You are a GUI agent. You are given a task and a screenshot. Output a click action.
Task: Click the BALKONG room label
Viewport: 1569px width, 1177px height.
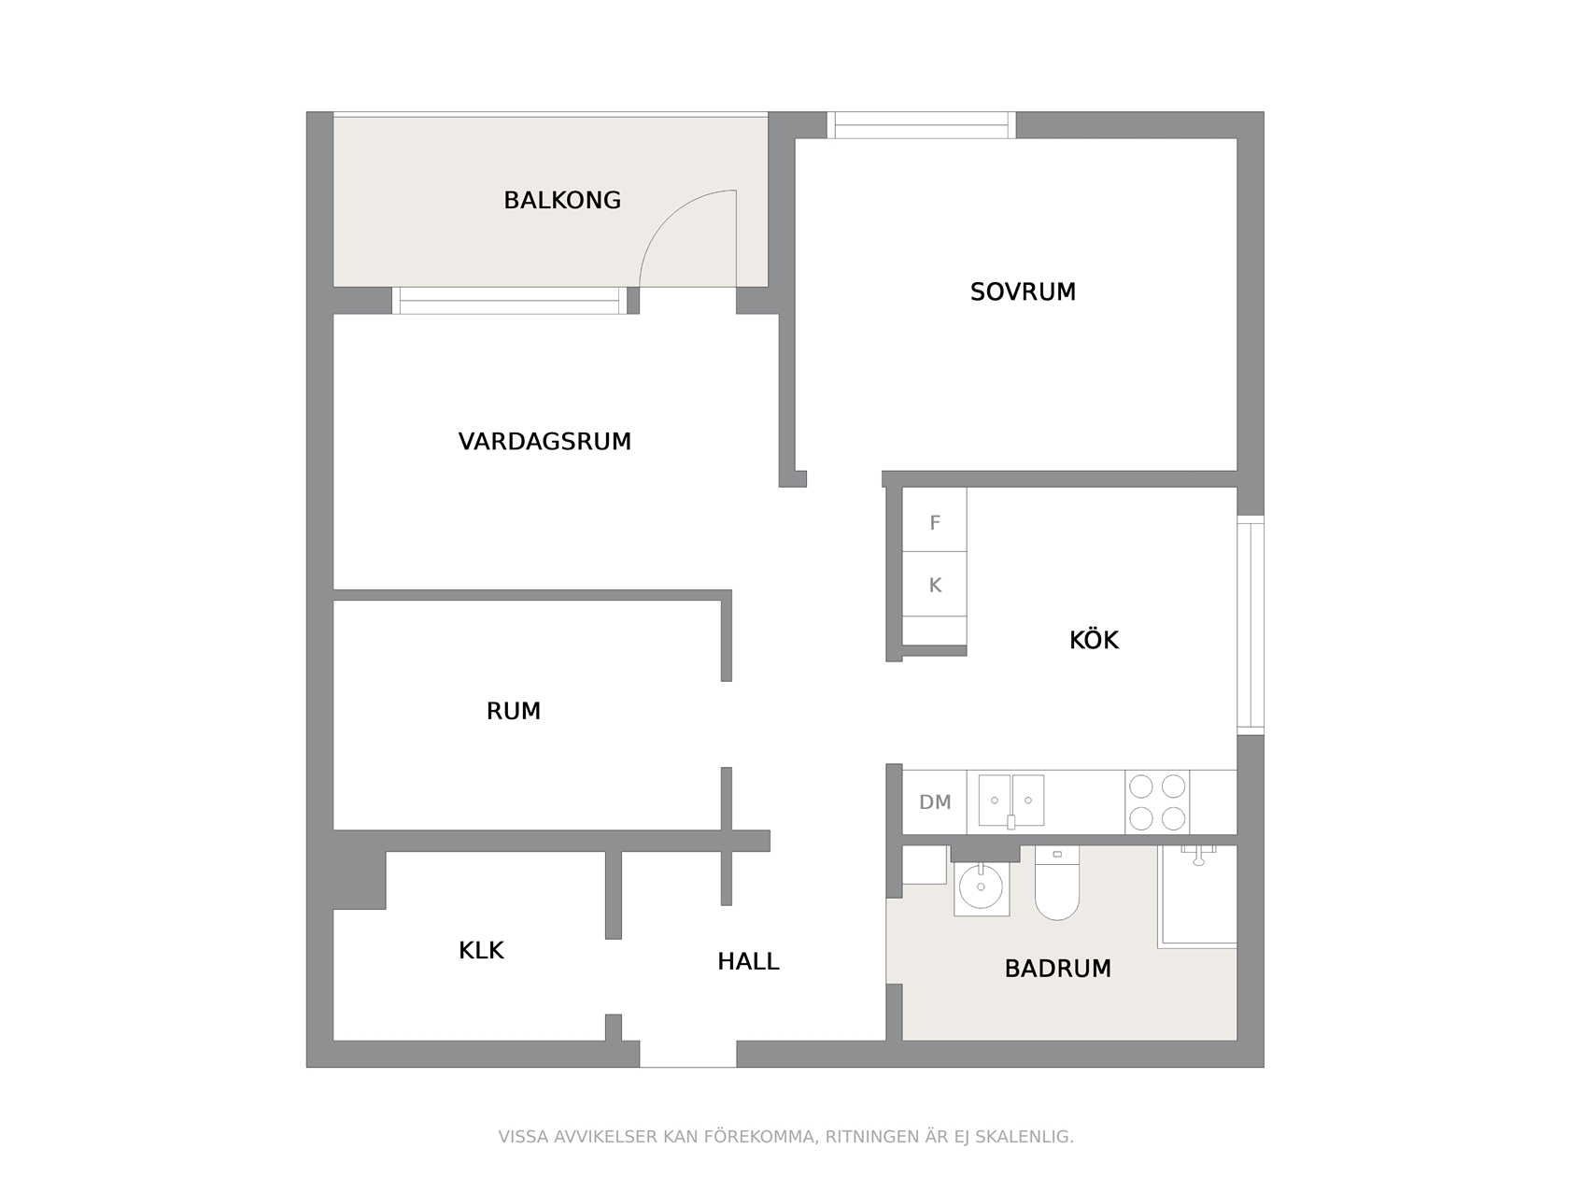pyautogui.click(x=562, y=200)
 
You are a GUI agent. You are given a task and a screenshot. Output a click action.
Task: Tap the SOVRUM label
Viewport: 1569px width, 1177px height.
pyautogui.click(x=1022, y=291)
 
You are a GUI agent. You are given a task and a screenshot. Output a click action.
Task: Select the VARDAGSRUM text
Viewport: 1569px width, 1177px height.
pyautogui.click(x=544, y=442)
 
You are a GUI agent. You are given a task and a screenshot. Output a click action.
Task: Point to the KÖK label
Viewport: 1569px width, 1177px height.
pyautogui.click(x=1094, y=639)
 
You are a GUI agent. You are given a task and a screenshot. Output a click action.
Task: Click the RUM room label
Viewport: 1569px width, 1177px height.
pyautogui.click(x=514, y=711)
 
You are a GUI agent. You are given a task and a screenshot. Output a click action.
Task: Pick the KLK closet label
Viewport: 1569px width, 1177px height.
pyautogui.click(x=481, y=950)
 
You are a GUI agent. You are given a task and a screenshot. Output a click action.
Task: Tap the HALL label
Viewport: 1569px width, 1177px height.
pyautogui.click(x=748, y=962)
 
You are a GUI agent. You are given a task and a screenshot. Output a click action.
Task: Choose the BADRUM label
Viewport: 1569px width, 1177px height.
pyautogui.click(x=1058, y=969)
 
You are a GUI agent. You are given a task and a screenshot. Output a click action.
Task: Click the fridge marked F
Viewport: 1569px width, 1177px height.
pyautogui.click(x=934, y=519)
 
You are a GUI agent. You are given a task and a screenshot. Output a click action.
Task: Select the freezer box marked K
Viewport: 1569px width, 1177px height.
pyautogui.click(x=934, y=584)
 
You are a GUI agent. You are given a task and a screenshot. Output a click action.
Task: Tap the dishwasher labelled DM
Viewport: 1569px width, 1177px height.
pyautogui.click(x=934, y=801)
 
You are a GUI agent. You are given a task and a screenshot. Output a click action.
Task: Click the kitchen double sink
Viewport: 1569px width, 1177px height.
pyautogui.click(x=1011, y=801)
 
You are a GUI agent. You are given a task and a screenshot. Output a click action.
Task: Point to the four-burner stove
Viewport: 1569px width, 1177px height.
pyautogui.click(x=1156, y=801)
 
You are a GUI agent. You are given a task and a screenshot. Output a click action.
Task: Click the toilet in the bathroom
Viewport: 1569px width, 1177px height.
pyautogui.click(x=1056, y=884)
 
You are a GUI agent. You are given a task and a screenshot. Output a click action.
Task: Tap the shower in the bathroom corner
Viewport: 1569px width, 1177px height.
pyautogui.click(x=1198, y=897)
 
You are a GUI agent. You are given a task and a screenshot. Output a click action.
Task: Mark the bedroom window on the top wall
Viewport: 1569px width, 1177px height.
pyautogui.click(x=922, y=125)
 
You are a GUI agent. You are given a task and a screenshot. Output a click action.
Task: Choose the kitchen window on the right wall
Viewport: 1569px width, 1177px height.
pyautogui.click(x=1251, y=625)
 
